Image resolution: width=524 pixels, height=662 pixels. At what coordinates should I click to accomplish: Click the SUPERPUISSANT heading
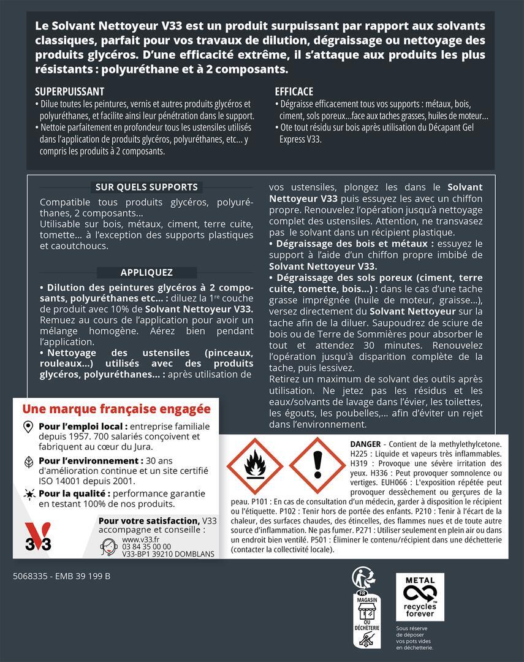click(69, 91)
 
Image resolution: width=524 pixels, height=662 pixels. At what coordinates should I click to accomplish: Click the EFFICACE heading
click(294, 91)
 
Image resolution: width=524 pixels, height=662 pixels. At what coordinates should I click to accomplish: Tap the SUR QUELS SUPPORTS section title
click(146, 187)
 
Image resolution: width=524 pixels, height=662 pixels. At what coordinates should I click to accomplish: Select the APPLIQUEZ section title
click(146, 272)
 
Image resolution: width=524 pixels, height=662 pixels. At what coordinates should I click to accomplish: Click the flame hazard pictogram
click(254, 466)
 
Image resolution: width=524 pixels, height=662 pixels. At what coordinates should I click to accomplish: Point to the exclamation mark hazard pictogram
click(317, 466)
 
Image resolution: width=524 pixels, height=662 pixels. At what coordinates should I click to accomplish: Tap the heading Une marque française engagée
click(116, 409)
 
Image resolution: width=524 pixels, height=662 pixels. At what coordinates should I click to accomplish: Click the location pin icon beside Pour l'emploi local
click(28, 427)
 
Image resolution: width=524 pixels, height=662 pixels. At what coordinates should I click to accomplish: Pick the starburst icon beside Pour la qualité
click(28, 495)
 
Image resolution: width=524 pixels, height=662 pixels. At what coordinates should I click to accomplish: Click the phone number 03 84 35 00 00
click(147, 546)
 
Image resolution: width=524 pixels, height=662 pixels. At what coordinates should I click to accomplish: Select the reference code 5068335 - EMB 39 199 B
click(61, 576)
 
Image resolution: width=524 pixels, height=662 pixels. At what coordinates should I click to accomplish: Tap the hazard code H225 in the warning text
click(359, 454)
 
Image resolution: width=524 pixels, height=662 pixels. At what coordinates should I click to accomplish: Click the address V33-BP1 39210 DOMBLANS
click(169, 554)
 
